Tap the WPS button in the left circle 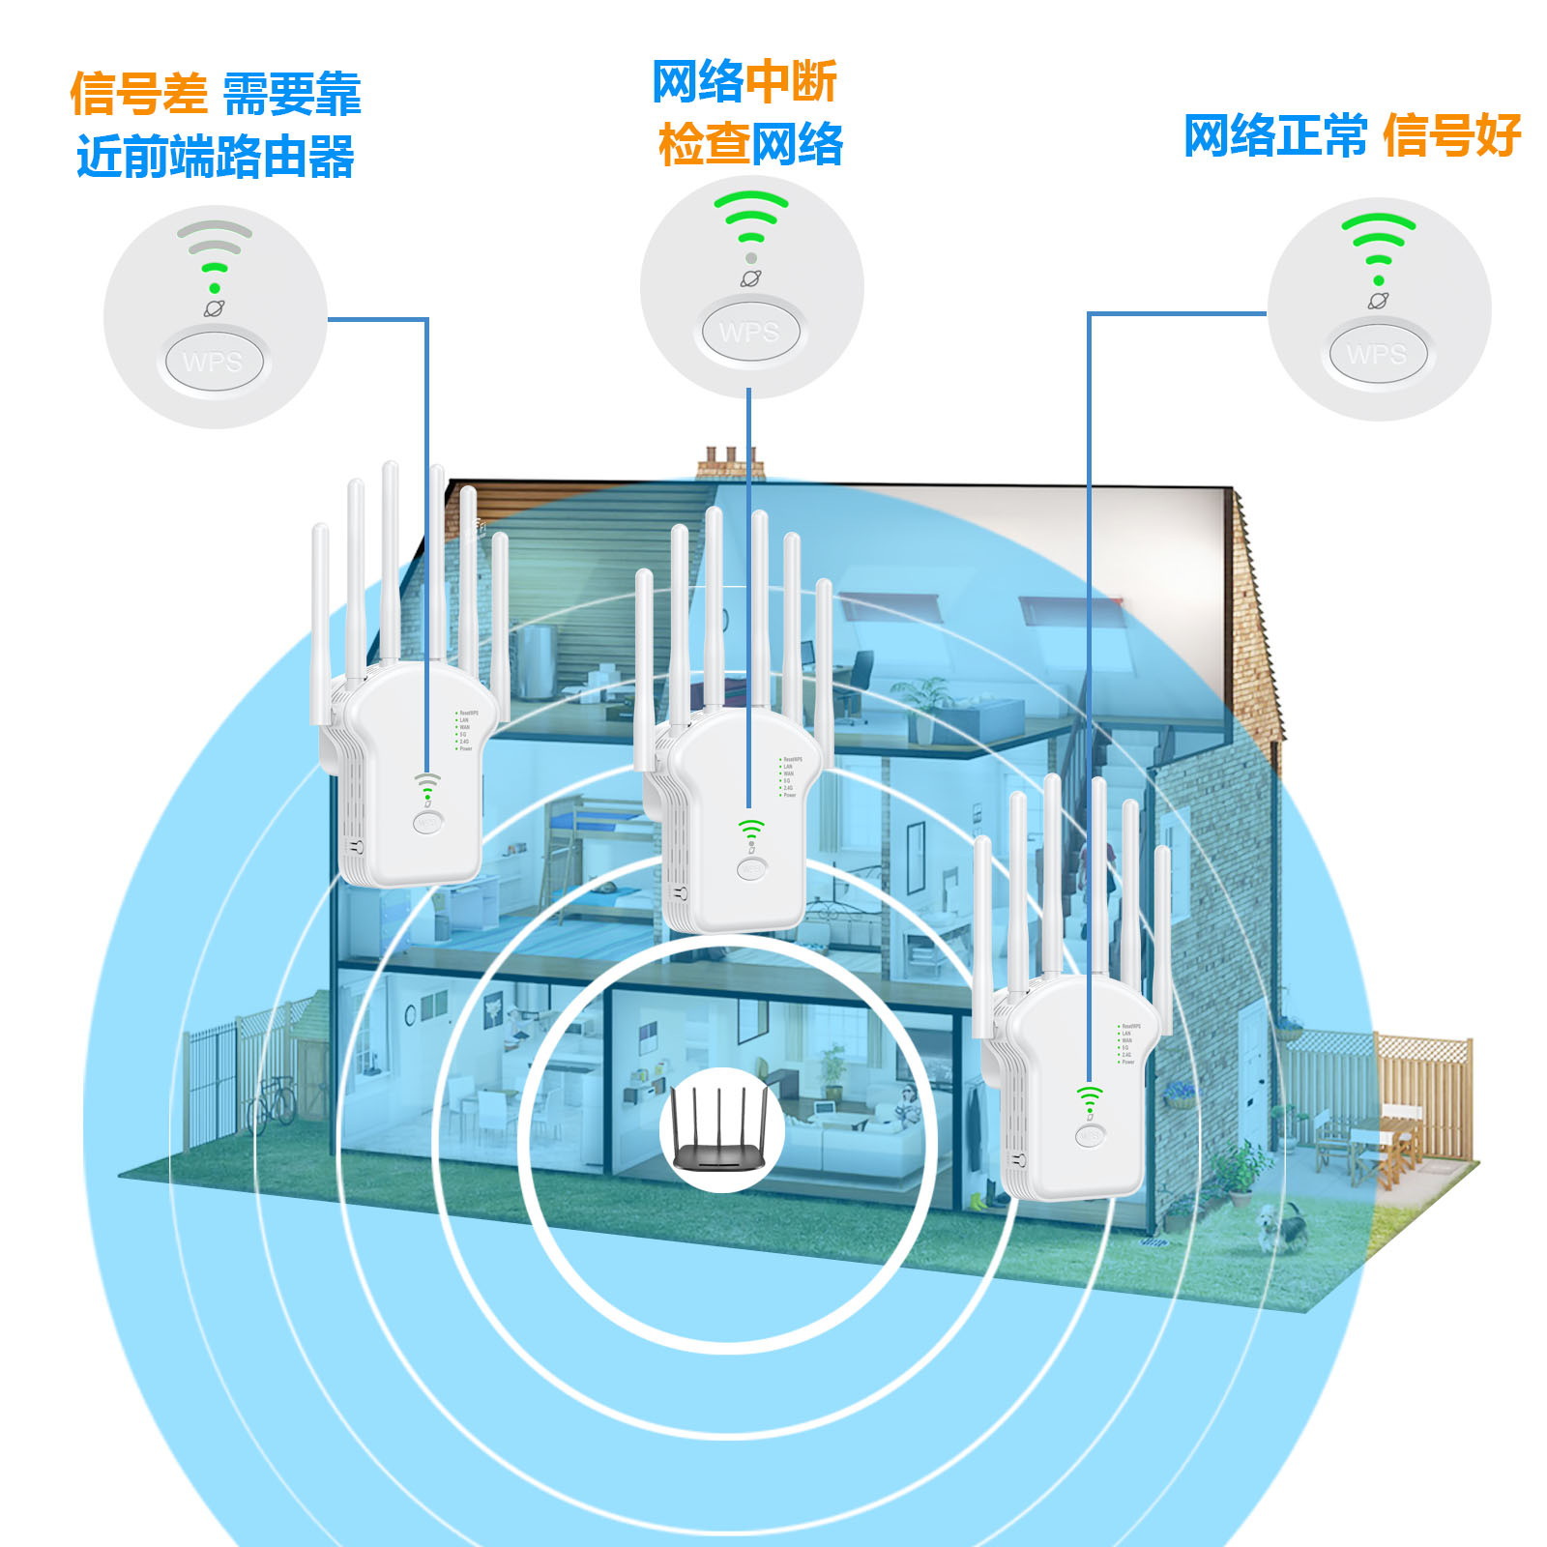point(213,363)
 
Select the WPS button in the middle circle point(749,333)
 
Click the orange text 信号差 point(138,95)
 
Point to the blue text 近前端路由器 point(216,157)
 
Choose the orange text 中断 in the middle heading point(790,82)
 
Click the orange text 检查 point(704,145)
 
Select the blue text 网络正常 point(1275,135)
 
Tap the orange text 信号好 point(1451,135)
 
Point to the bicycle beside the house point(272,1103)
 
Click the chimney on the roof point(730,463)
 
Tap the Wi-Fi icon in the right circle point(1378,242)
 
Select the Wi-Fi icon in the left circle point(215,253)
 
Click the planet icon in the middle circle point(751,278)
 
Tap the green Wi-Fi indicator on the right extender point(1090,1097)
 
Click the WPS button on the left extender point(426,823)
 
